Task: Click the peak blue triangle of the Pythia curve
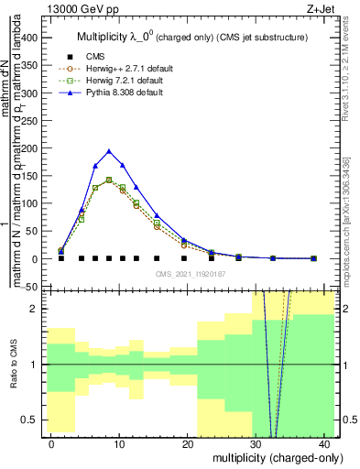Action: tap(109, 151)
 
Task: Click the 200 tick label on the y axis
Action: tap(33, 149)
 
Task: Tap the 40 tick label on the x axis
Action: tap(325, 443)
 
